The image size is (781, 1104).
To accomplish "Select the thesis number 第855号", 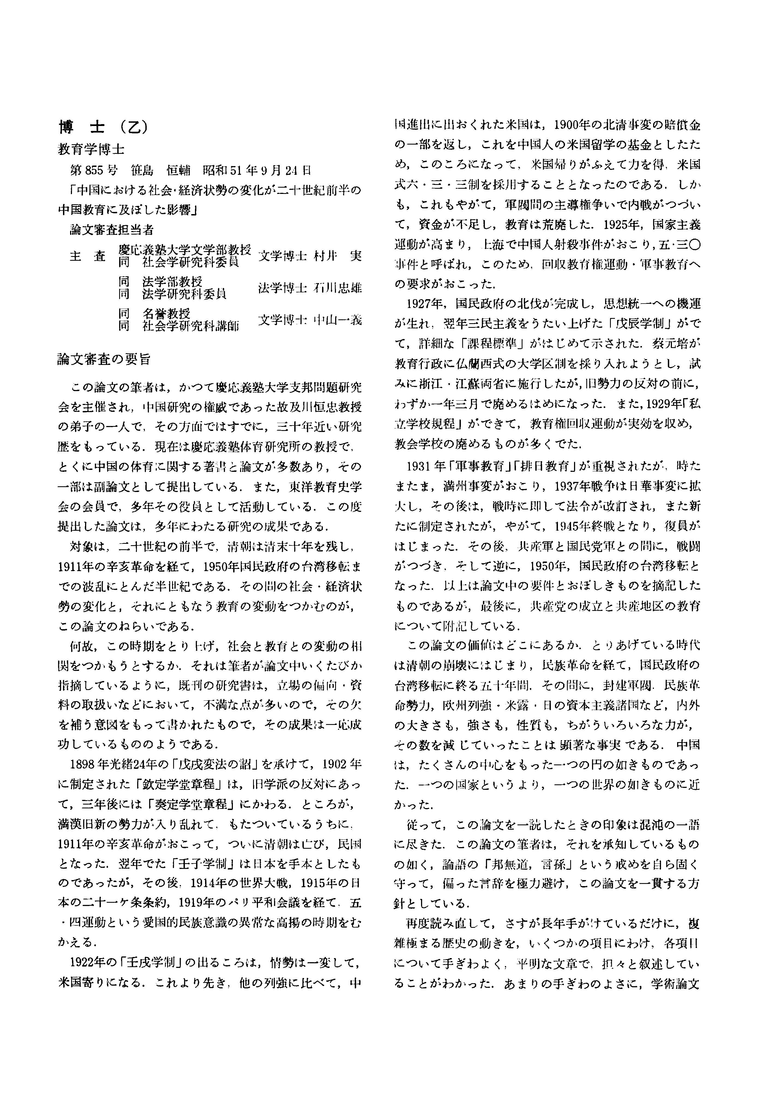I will [94, 170].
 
